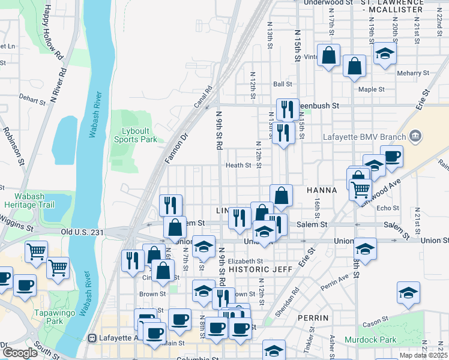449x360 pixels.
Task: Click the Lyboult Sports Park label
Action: point(136,135)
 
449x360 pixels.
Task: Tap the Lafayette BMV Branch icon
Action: point(414,137)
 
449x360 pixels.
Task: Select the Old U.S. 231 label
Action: point(80,232)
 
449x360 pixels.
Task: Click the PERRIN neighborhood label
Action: point(312,317)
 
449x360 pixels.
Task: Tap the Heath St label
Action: point(238,166)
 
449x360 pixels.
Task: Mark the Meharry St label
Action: point(414,73)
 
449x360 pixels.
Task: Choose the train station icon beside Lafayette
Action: point(92,338)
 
